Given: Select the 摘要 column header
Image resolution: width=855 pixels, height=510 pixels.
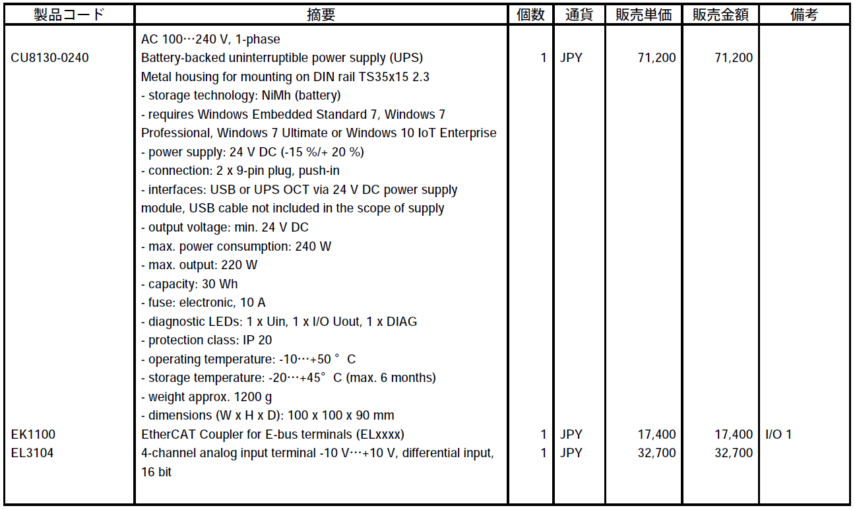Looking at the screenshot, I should click(x=321, y=15).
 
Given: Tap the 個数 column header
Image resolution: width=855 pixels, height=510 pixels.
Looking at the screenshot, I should click(x=530, y=15).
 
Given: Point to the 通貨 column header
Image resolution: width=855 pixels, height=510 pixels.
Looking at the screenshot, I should click(x=580, y=15).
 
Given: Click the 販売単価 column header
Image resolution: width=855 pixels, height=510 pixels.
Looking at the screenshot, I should click(x=644, y=15).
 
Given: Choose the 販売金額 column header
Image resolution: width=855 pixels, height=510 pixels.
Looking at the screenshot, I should click(x=720, y=15).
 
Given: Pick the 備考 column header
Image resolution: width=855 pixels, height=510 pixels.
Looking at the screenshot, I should click(x=804, y=15).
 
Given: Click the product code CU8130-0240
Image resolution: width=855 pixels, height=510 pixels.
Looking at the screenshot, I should click(x=49, y=58).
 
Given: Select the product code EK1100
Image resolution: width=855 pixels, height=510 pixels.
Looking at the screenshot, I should click(x=33, y=435).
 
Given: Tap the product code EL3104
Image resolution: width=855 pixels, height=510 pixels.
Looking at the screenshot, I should click(x=32, y=453).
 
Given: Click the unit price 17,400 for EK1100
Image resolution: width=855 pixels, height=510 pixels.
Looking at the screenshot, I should click(x=656, y=435).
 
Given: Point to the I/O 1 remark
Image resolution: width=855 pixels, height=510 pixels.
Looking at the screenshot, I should click(x=778, y=435).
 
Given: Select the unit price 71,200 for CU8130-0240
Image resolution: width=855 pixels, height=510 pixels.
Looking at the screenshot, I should click(x=656, y=58).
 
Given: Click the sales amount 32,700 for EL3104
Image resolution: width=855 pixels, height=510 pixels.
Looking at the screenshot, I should click(x=733, y=453).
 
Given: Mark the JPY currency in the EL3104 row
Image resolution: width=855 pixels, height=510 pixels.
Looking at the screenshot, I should click(x=571, y=453).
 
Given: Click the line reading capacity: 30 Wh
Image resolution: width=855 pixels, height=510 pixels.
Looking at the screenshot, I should click(x=189, y=284).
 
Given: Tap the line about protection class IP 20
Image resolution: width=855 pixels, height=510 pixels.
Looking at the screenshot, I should click(x=206, y=340).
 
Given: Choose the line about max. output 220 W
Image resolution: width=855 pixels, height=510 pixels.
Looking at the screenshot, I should click(x=199, y=265).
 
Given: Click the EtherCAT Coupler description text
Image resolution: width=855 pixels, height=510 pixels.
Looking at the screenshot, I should click(x=272, y=435).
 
